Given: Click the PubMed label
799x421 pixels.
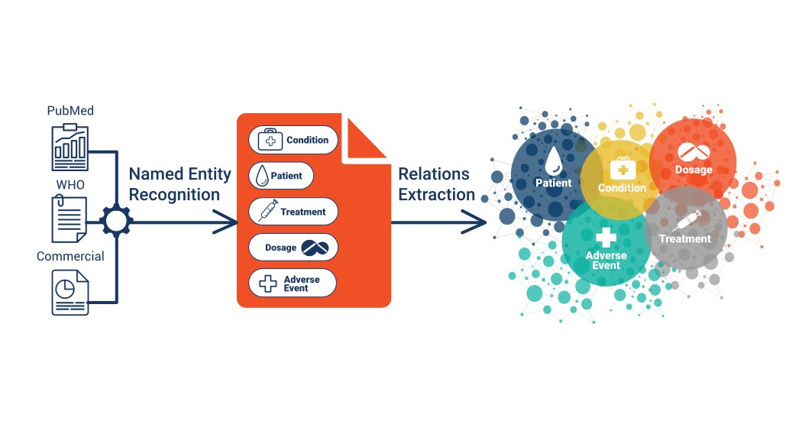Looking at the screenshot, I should click(x=70, y=111).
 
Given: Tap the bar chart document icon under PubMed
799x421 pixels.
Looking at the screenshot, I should click(x=70, y=146).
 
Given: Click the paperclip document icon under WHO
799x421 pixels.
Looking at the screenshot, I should click(x=70, y=219).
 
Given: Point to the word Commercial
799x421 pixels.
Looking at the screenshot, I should click(x=70, y=256).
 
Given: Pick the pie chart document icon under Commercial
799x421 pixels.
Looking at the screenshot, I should click(x=70, y=292).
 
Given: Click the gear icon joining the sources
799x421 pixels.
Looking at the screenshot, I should click(x=117, y=222).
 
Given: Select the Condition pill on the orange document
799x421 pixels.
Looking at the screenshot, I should click(x=293, y=140).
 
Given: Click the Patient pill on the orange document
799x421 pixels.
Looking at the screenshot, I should click(x=281, y=176).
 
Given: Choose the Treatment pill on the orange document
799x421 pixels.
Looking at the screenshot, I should click(x=293, y=212).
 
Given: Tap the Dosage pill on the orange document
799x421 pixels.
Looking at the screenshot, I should click(x=293, y=248).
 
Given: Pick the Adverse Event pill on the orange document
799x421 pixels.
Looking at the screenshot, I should click(x=293, y=283).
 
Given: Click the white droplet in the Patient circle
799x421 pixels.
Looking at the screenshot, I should click(x=554, y=159).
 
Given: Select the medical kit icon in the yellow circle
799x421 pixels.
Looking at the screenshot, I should click(x=623, y=169).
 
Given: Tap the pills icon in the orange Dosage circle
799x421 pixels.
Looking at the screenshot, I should click(x=693, y=152).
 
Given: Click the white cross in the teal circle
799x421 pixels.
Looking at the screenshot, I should click(x=606, y=236).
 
